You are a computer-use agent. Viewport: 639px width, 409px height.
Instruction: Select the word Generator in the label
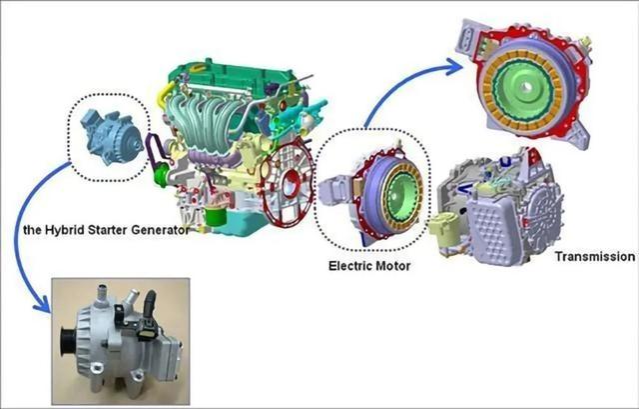pyautogui.click(x=160, y=230)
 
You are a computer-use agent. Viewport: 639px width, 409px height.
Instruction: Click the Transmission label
pyautogui.click(x=595, y=257)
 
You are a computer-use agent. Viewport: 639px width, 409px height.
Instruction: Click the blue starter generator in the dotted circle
pyautogui.click(x=112, y=136)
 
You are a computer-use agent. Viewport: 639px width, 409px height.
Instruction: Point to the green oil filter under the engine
pyautogui.click(x=216, y=216)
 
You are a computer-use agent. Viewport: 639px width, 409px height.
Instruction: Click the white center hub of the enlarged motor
pyautogui.click(x=526, y=87)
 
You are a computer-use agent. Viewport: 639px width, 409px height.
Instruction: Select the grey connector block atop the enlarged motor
pyautogui.click(x=469, y=38)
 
